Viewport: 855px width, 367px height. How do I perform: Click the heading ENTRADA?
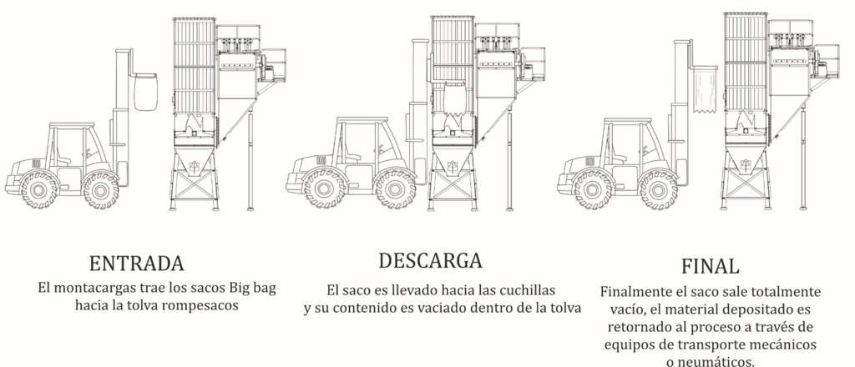tap(136, 264)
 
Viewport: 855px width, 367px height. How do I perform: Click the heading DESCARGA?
tap(430, 261)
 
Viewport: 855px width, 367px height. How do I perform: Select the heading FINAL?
tap(710, 266)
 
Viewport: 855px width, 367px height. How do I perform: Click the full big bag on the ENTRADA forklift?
tap(145, 92)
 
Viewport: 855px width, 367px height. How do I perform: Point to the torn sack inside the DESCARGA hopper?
tap(454, 99)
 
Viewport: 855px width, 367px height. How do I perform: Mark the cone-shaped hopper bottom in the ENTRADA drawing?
tap(194, 162)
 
